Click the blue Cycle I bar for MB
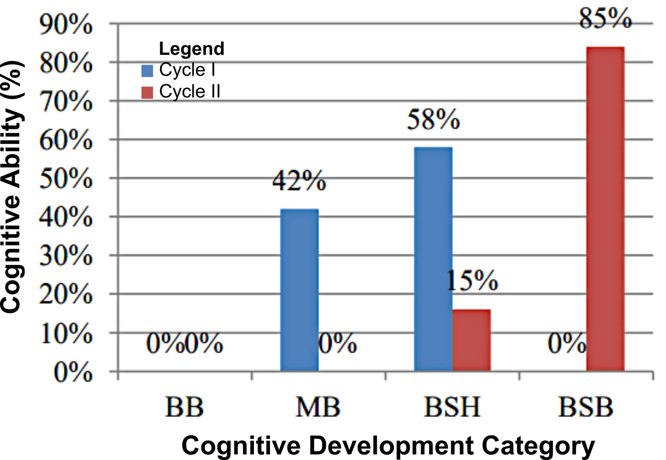(299, 290)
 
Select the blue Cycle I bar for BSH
(433, 259)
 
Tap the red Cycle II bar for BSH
(471, 340)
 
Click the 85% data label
(605, 19)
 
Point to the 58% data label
(433, 120)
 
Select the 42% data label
(299, 181)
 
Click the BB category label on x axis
(184, 407)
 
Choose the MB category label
(318, 407)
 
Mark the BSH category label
(452, 407)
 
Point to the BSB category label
(586, 407)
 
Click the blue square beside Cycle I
(147, 70)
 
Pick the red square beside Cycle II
(147, 92)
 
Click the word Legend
(191, 49)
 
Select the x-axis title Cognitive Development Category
(388, 446)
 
